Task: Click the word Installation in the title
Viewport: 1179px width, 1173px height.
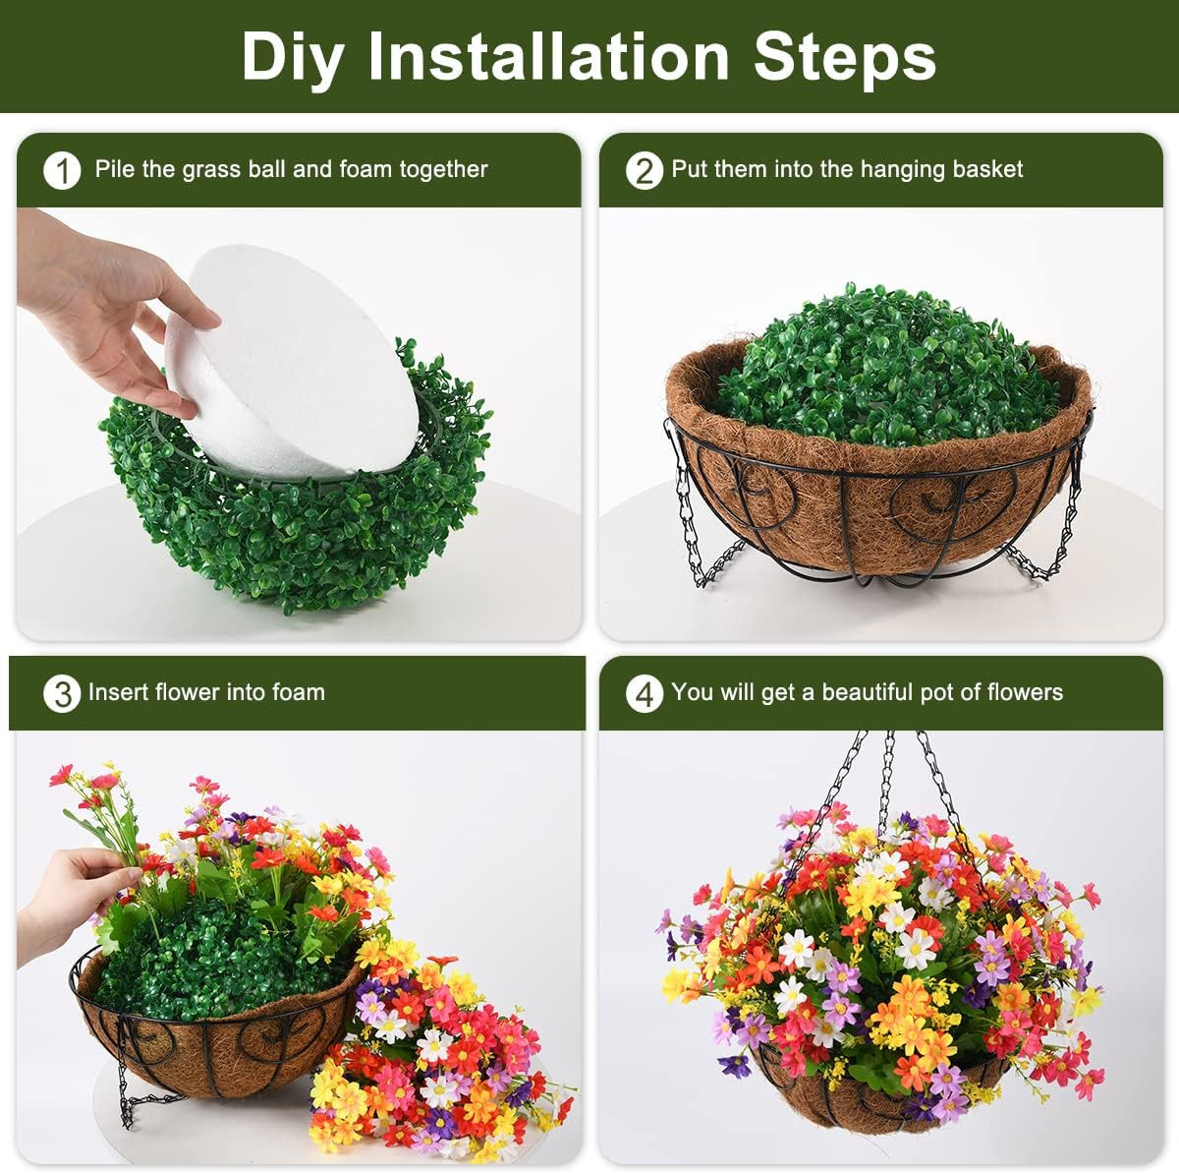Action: [x=549, y=56]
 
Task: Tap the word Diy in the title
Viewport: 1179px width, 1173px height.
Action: [x=292, y=56]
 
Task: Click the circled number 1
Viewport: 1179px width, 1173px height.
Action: [x=62, y=171]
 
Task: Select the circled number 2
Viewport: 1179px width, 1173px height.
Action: [x=644, y=171]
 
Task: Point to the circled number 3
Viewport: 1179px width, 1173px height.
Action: [x=62, y=694]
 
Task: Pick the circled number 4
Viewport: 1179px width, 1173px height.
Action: [x=644, y=694]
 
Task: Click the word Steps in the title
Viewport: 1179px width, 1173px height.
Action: [x=845, y=56]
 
